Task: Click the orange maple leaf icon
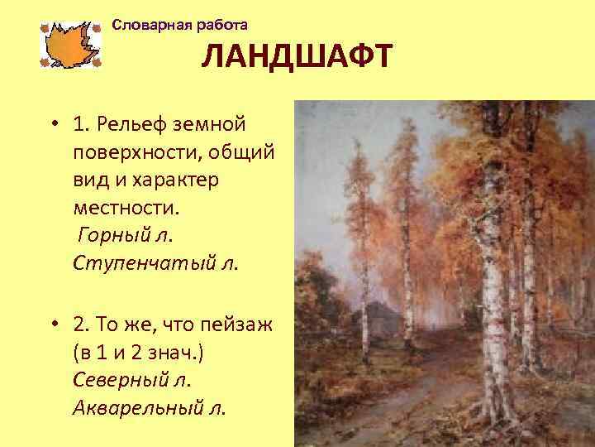click(x=69, y=44)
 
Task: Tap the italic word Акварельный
click(x=137, y=408)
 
